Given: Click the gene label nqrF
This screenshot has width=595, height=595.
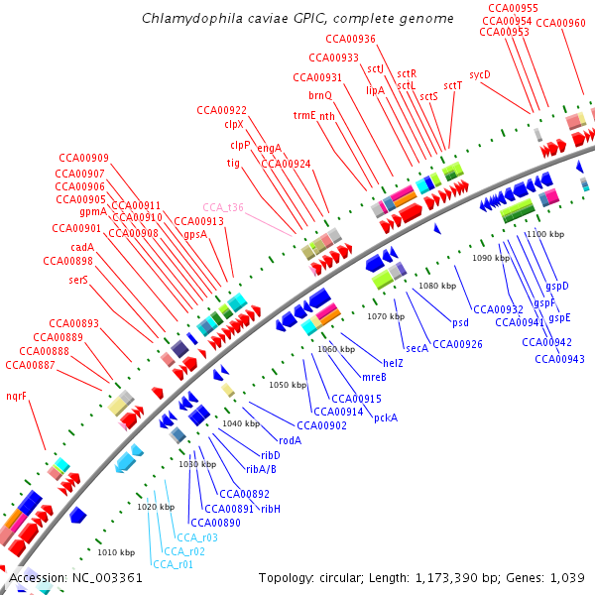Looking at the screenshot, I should [16, 396].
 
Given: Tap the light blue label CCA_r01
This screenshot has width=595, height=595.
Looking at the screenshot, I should [173, 564].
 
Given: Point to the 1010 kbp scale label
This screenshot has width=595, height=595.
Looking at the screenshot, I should [116, 552].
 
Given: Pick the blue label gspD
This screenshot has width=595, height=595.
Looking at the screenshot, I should [557, 286].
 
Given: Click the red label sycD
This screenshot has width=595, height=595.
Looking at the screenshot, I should [480, 74].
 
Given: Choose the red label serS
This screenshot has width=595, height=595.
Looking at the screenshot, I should [78, 280].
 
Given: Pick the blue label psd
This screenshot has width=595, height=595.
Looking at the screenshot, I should [460, 322].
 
